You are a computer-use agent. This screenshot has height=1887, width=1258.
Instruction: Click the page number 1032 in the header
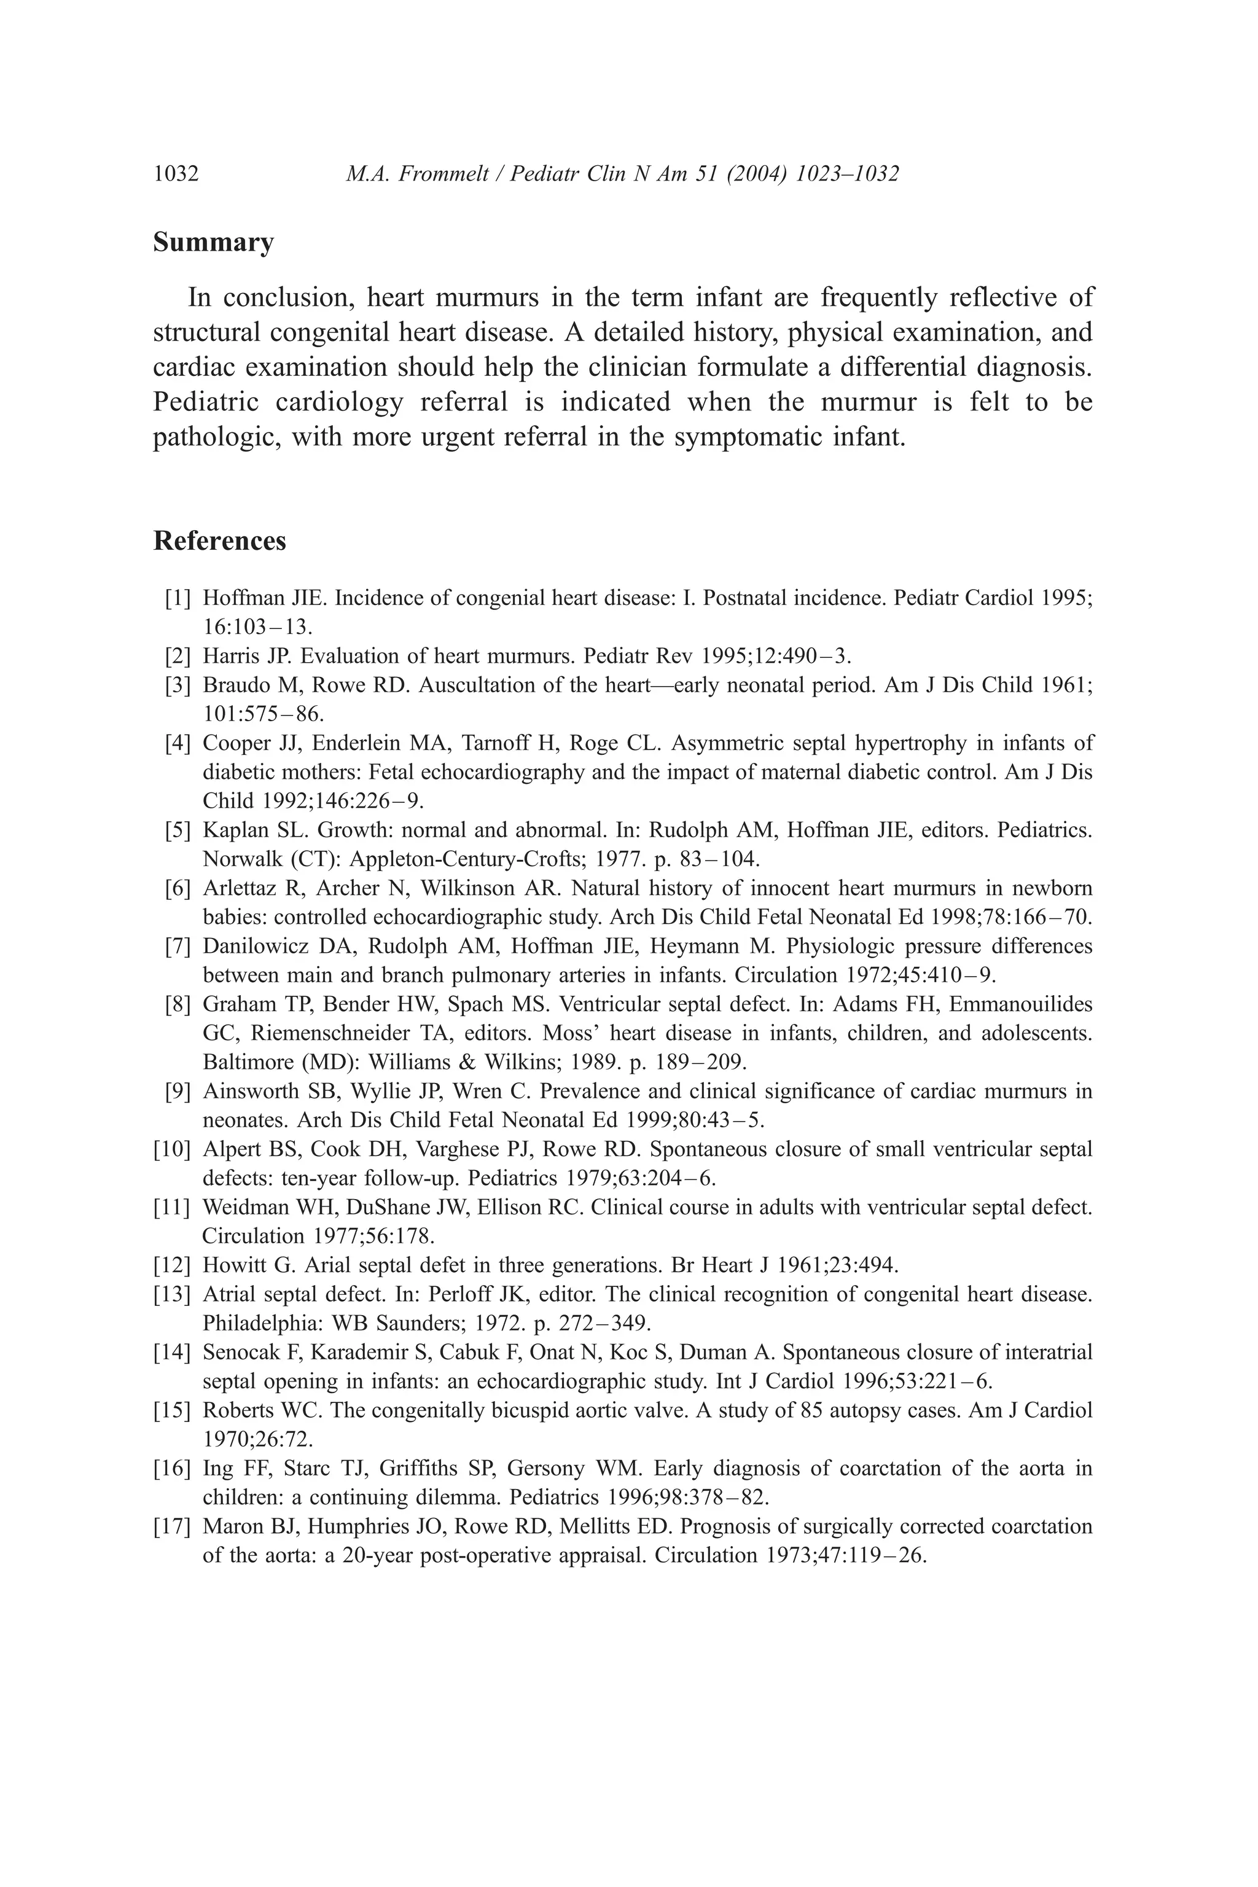pyautogui.click(x=176, y=174)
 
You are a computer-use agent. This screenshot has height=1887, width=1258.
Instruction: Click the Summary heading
pyautogui.click(x=213, y=242)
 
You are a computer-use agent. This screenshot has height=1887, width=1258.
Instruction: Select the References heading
pyautogui.click(x=219, y=542)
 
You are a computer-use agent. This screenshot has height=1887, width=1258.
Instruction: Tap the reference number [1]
pyautogui.click(x=178, y=598)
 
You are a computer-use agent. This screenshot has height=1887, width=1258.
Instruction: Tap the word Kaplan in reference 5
pyautogui.click(x=229, y=830)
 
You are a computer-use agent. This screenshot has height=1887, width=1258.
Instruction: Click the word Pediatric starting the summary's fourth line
pyautogui.click(x=205, y=402)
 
